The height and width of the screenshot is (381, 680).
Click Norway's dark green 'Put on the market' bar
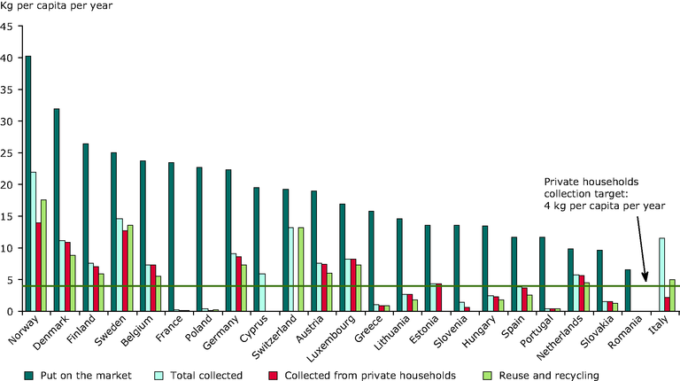(28, 183)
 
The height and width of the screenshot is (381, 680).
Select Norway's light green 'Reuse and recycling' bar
(43, 255)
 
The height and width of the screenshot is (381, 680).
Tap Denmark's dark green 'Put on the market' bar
(57, 210)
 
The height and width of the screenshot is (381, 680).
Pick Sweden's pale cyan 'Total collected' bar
(120, 265)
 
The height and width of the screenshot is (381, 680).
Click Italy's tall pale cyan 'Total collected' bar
(661, 275)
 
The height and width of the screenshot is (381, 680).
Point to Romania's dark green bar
(628, 291)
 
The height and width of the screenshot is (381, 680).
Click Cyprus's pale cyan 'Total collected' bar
(262, 292)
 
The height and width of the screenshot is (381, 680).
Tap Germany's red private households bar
(239, 284)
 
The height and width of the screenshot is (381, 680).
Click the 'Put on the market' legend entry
(78, 376)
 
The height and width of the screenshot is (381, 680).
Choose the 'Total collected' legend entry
(198, 376)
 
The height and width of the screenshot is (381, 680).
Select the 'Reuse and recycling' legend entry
(541, 376)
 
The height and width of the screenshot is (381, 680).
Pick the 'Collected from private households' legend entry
(362, 376)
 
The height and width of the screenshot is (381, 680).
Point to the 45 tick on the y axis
(20, 26)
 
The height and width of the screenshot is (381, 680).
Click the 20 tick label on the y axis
(6, 184)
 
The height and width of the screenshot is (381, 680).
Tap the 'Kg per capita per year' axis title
(57, 6)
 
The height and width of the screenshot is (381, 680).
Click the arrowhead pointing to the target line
(645, 276)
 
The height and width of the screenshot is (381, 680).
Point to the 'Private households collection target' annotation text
(605, 193)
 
